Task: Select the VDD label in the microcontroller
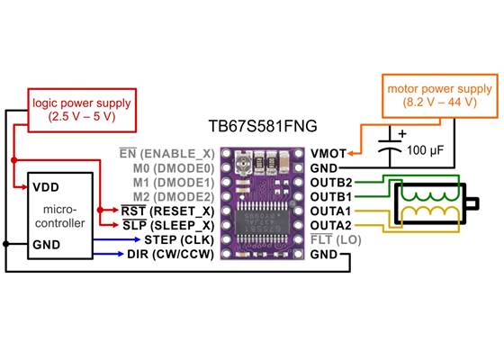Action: point(46,188)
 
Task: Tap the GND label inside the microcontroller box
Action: point(47,243)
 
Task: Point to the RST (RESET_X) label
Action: point(167,211)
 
